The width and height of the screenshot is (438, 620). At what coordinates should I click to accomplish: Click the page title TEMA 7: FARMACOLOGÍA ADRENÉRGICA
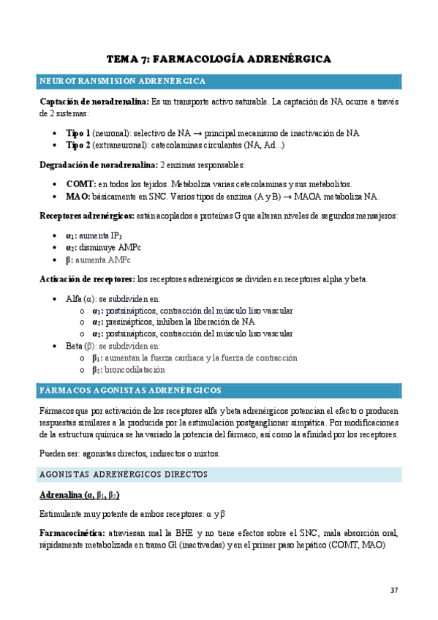point(219,58)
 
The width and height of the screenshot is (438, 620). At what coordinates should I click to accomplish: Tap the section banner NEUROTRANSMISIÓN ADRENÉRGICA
point(122,80)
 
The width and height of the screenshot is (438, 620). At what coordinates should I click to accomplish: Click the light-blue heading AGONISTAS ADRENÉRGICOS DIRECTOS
point(124,475)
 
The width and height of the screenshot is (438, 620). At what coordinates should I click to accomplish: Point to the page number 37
point(394,590)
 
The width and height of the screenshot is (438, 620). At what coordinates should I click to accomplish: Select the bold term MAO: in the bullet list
point(78,197)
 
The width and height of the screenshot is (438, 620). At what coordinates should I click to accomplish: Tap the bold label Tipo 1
point(78,134)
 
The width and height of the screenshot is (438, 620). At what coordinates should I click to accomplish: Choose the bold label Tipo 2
point(78,146)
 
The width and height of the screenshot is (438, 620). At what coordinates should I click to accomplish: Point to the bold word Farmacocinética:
point(72,533)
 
